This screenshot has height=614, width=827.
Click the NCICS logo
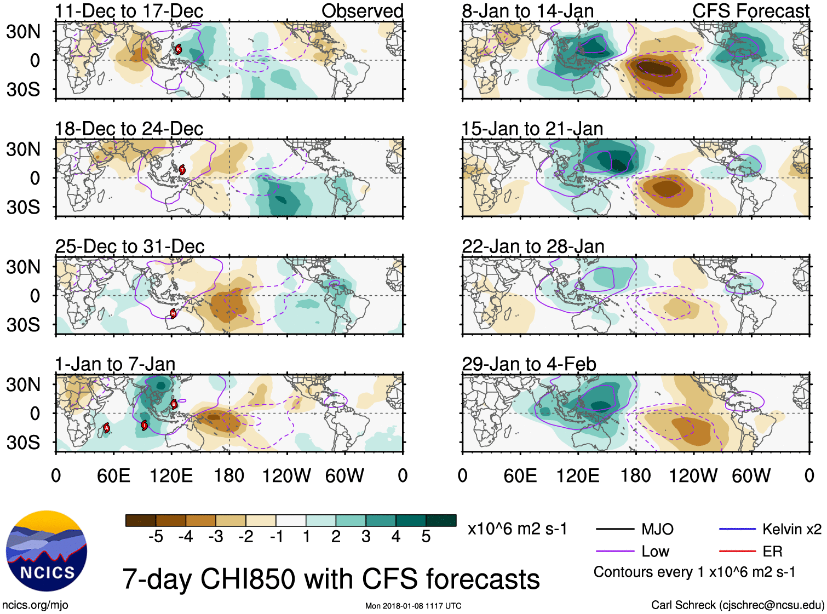point(47,551)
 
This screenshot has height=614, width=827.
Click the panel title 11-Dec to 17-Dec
point(129,11)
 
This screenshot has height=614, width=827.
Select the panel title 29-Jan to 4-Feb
point(529,364)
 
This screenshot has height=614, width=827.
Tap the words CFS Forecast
point(750,11)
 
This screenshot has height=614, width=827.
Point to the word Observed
point(362,11)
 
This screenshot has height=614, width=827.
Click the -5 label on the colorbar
point(156,537)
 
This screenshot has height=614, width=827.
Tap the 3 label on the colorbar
point(366,537)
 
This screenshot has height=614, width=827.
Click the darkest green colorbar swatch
point(441,520)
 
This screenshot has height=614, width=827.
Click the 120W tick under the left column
point(286,475)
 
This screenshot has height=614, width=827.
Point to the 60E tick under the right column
point(520,475)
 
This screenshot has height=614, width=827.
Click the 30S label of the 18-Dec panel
point(23,207)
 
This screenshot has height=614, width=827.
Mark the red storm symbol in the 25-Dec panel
point(173,313)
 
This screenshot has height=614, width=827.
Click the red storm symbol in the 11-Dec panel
point(178,49)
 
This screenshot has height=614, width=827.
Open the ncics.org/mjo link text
point(35,605)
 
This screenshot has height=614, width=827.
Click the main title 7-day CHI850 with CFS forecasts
point(331,579)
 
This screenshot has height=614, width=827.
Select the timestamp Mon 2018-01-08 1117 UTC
point(413,606)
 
